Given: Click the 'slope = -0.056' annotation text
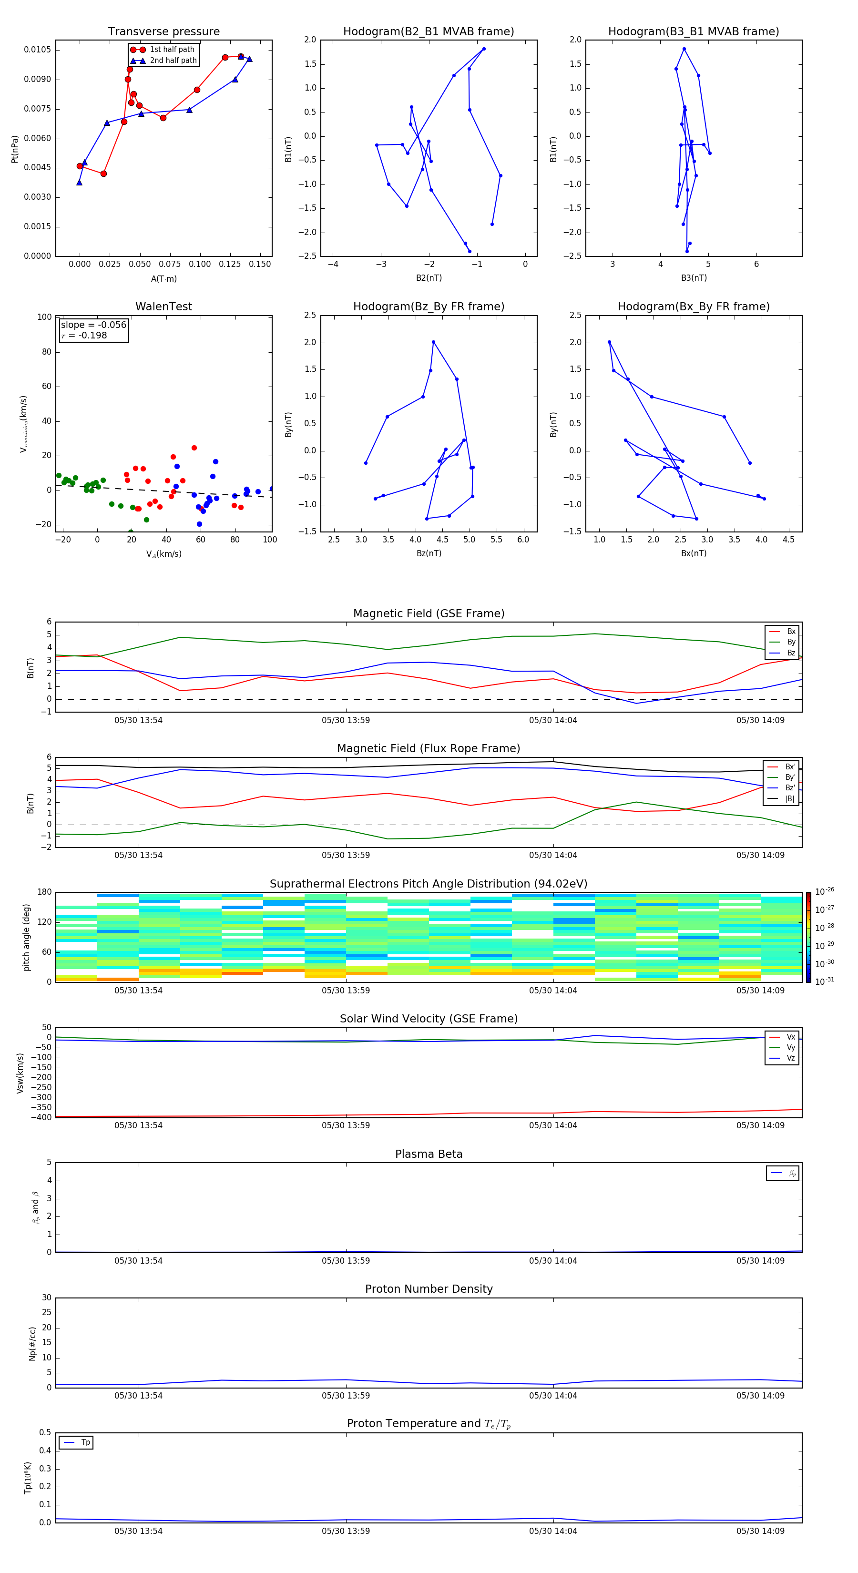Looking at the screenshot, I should click(x=93, y=325).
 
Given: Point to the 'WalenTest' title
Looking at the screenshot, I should click(x=163, y=306).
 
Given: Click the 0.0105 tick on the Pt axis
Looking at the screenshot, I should click(x=37, y=50).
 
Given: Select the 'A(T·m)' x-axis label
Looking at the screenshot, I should click(x=163, y=279).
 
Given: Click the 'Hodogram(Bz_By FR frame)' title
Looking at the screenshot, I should click(x=429, y=306).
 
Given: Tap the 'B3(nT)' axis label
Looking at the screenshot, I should click(x=694, y=278).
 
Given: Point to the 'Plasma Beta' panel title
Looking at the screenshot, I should click(x=429, y=1154).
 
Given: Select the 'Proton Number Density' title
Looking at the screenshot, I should click(x=429, y=1289).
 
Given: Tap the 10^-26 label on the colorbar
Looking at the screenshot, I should click(x=825, y=891).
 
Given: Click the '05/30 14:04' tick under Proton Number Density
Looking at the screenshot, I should click(x=552, y=1395).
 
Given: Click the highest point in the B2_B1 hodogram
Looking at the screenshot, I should click(x=484, y=49).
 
